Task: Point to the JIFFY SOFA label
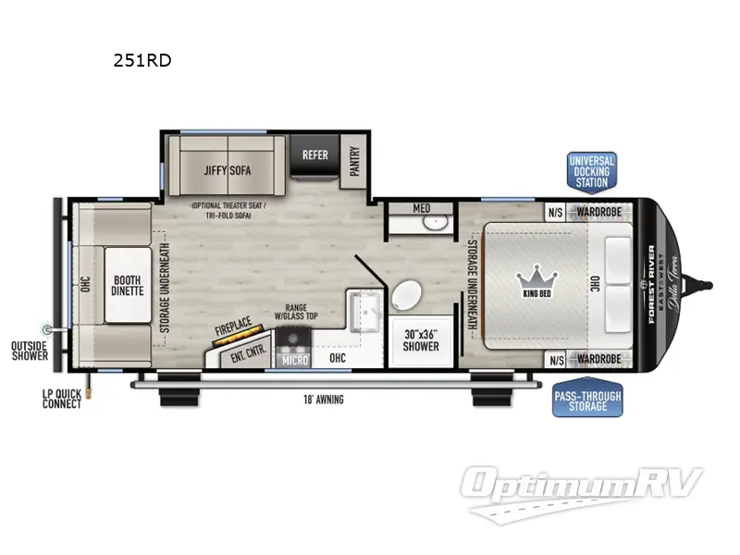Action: pyautogui.click(x=228, y=170)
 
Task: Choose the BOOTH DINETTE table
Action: pyautogui.click(x=129, y=285)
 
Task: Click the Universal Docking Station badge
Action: pyautogui.click(x=591, y=171)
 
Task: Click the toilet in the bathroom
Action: pyautogui.click(x=405, y=297)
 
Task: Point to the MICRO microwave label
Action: pyautogui.click(x=295, y=358)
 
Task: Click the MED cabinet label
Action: pyautogui.click(x=421, y=207)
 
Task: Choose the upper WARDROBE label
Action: pyautogui.click(x=601, y=210)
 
